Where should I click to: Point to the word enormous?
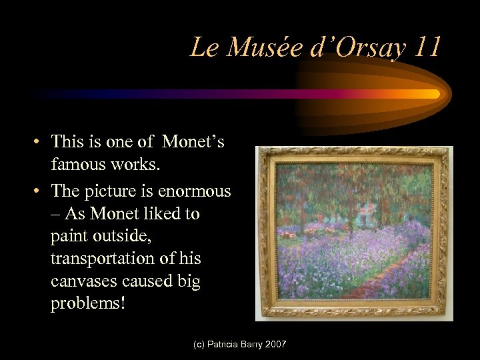(x=195, y=191)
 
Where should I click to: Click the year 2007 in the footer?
(x=274, y=344)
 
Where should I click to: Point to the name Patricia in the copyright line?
(x=227, y=344)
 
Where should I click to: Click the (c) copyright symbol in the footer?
(x=199, y=344)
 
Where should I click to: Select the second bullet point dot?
(x=40, y=192)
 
